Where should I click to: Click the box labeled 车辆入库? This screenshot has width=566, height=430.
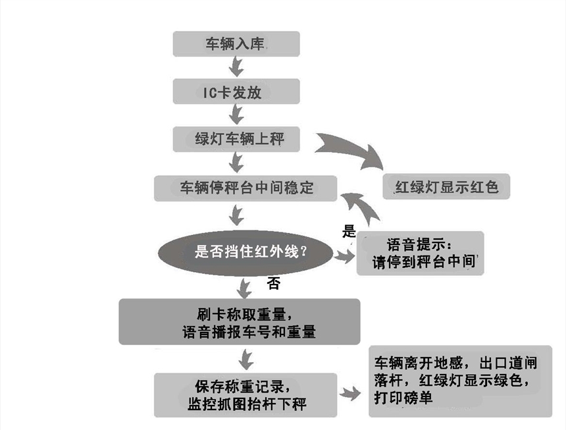tap(236, 44)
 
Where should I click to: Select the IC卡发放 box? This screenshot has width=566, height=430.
tap(236, 92)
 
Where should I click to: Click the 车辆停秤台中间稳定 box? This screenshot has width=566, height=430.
tap(245, 188)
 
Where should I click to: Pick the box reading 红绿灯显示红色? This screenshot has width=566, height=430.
tap(447, 186)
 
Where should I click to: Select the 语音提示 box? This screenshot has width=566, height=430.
tap(420, 253)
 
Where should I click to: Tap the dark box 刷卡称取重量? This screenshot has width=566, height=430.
tap(240, 321)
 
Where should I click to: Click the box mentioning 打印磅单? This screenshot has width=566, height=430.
tap(460, 381)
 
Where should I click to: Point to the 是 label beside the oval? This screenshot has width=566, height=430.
tap(349, 231)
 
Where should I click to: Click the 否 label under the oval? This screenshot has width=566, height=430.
tap(274, 284)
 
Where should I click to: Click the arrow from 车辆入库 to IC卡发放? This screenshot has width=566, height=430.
tap(236, 67)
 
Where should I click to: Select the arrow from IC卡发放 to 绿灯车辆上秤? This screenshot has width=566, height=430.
tap(236, 115)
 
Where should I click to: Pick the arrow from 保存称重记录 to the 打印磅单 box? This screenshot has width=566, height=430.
tap(351, 394)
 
